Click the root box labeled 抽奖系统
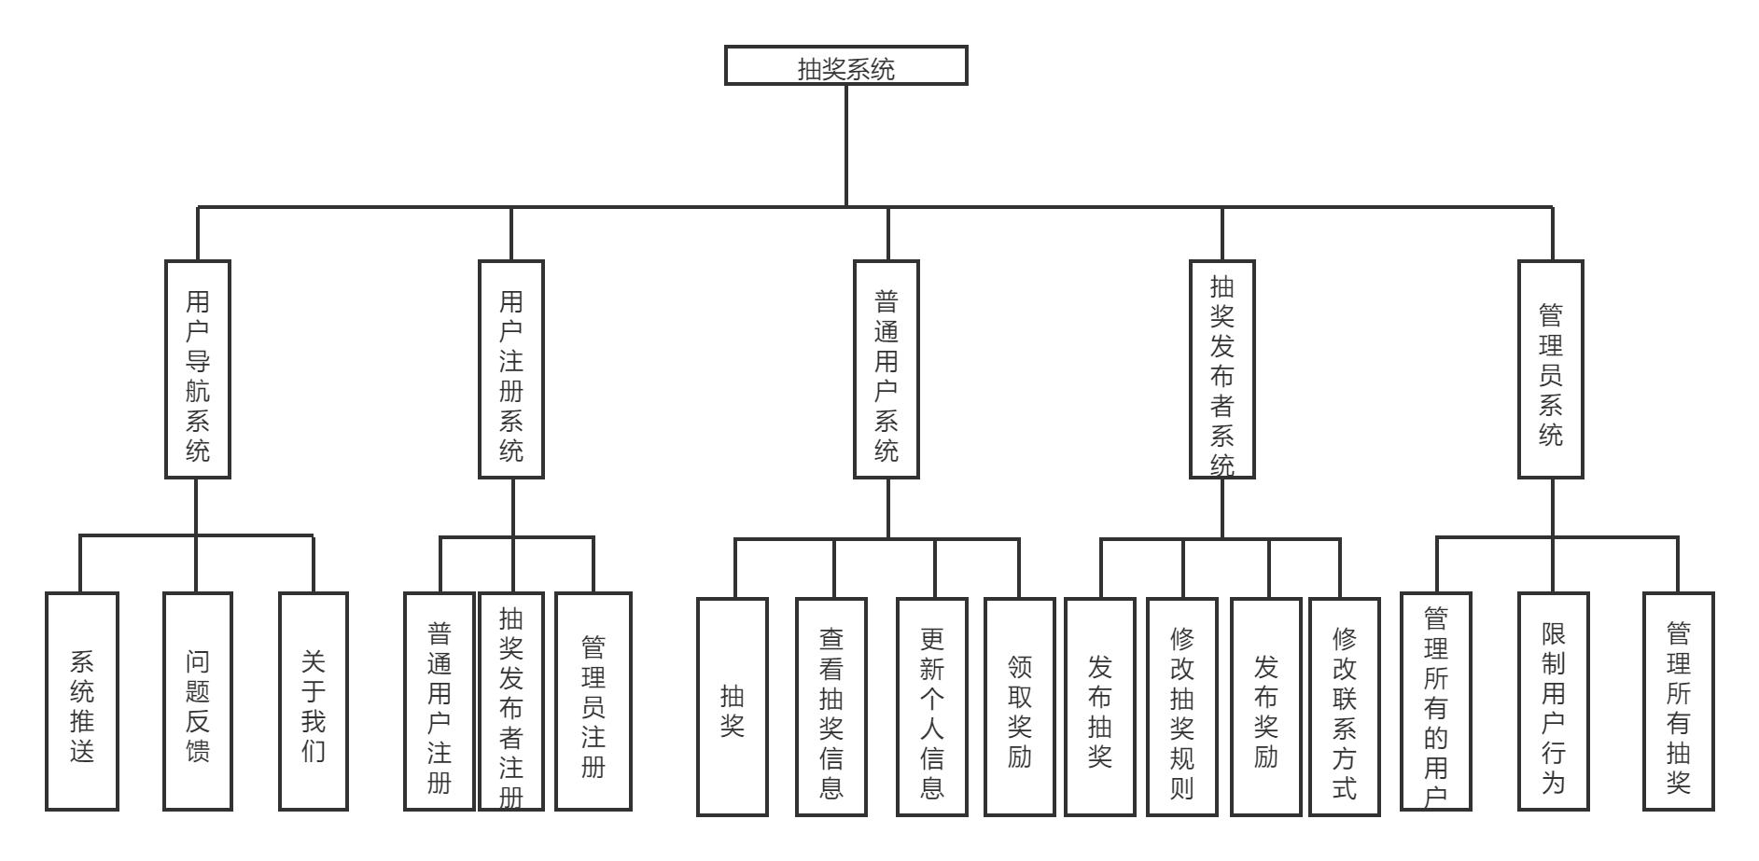click(x=845, y=66)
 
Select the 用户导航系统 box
click(x=198, y=369)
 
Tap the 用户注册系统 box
click(x=511, y=369)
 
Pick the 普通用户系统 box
click(x=886, y=369)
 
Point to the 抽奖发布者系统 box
click(x=1222, y=369)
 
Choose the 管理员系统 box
click(x=1551, y=369)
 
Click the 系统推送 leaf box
click(x=82, y=701)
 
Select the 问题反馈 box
click(x=198, y=701)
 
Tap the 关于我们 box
click(x=314, y=701)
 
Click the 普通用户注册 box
click(x=440, y=701)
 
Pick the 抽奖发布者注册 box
click(x=511, y=701)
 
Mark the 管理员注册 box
click(x=593, y=701)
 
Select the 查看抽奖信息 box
click(x=831, y=707)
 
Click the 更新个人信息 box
click(x=932, y=707)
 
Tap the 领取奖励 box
click(x=1020, y=707)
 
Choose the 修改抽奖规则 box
click(x=1182, y=707)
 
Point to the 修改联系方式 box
click(x=1345, y=707)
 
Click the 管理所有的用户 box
click(x=1436, y=701)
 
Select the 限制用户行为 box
click(x=1553, y=701)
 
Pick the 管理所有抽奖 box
click(x=1679, y=701)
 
